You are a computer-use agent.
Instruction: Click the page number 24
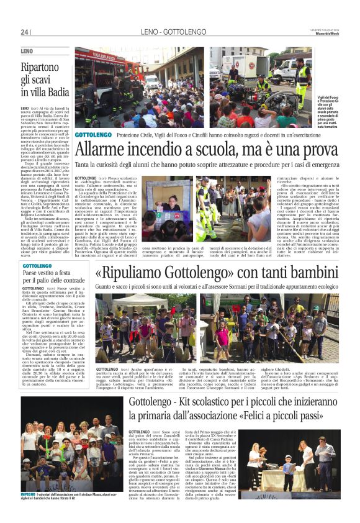pos(25,32)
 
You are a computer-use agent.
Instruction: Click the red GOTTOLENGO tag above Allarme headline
pos(92,135)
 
